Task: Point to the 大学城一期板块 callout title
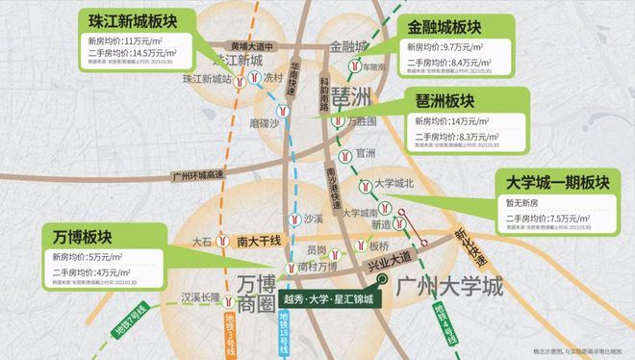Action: tap(556, 182)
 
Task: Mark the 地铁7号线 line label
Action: tap(122, 314)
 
